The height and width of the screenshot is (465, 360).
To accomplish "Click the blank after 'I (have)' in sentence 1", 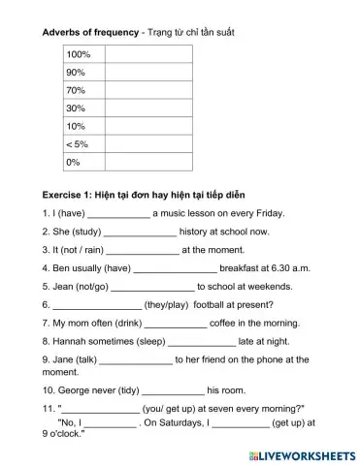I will pyautogui.click(x=118, y=214).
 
